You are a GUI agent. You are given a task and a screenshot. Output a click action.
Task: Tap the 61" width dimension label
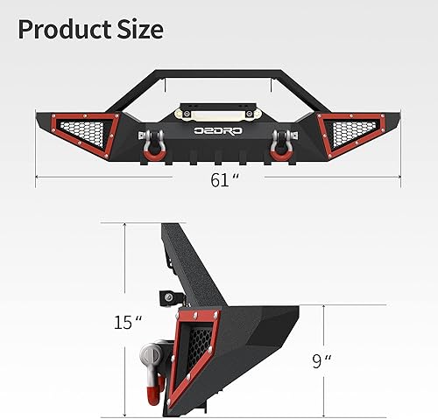pos(224,179)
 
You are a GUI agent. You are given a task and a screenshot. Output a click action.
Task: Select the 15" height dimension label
pos(125,322)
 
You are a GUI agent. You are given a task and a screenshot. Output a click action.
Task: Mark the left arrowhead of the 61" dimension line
pos(37,179)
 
